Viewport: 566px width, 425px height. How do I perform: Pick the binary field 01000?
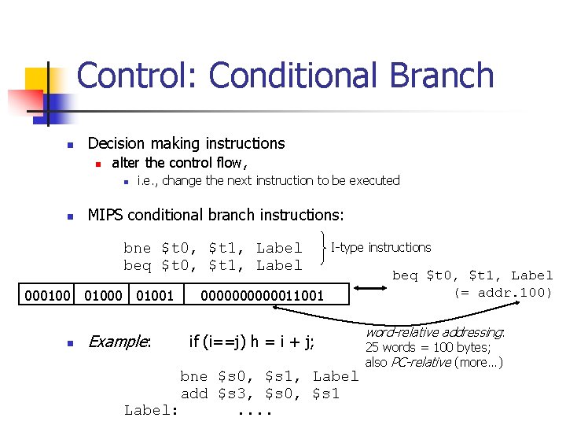(x=102, y=295)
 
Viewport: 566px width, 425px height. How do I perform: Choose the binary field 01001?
(x=155, y=295)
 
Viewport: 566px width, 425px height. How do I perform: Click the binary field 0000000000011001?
(x=263, y=295)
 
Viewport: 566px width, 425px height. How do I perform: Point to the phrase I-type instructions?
(x=381, y=247)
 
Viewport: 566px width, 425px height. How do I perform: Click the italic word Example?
(x=119, y=342)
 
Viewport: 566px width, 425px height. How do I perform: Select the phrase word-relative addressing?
(x=435, y=333)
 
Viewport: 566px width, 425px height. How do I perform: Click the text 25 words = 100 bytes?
(x=428, y=348)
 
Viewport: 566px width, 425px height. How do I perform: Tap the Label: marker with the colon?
(x=152, y=410)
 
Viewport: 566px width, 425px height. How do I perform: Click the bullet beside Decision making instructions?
(x=70, y=144)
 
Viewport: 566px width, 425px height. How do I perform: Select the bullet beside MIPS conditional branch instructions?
(x=70, y=215)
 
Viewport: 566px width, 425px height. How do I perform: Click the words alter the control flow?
(x=179, y=163)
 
